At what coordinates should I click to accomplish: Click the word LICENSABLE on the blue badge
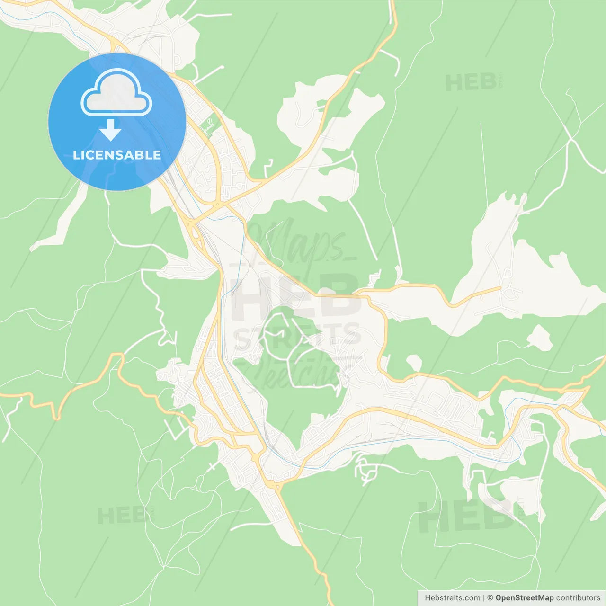click(117, 155)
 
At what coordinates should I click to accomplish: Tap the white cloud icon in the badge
click(116, 93)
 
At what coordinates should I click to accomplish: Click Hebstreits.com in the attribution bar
click(452, 598)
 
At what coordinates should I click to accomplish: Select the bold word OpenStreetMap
click(524, 598)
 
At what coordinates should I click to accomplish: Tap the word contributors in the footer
click(578, 598)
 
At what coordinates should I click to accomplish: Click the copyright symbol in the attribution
click(490, 598)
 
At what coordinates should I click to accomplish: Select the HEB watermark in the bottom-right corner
click(466, 516)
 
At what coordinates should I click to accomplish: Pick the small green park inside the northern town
click(207, 126)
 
